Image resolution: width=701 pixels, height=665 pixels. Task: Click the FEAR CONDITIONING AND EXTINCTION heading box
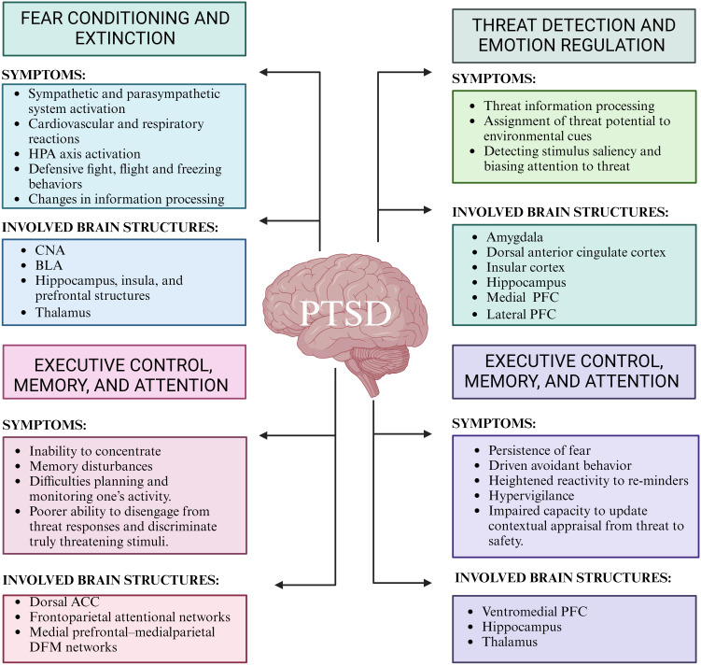[x=123, y=29]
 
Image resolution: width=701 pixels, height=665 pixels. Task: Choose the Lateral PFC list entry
[x=521, y=315]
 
